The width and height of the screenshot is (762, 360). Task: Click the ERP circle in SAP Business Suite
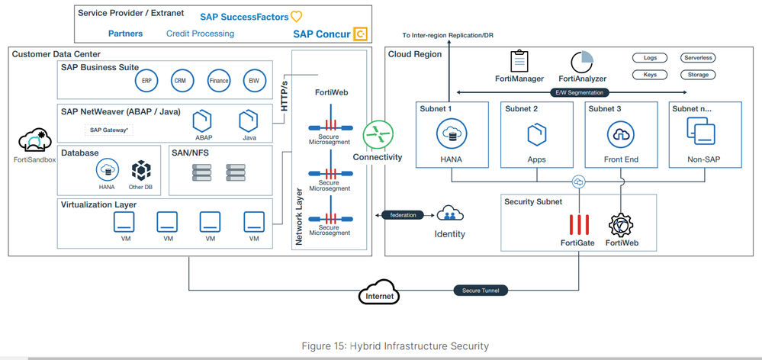point(146,80)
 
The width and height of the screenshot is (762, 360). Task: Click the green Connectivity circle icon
point(377,133)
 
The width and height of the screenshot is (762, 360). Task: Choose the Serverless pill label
point(697,58)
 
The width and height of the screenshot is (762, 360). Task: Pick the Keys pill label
point(650,75)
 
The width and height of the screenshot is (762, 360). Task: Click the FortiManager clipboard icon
point(519,60)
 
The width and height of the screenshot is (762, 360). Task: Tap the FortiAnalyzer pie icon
point(583,60)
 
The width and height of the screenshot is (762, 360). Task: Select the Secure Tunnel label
point(478,291)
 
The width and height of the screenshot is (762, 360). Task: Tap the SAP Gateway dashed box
point(109,130)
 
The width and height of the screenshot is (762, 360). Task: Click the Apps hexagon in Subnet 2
point(535,135)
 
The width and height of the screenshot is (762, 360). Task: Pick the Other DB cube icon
point(142,169)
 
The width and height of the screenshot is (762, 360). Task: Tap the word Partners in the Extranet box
point(125,34)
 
